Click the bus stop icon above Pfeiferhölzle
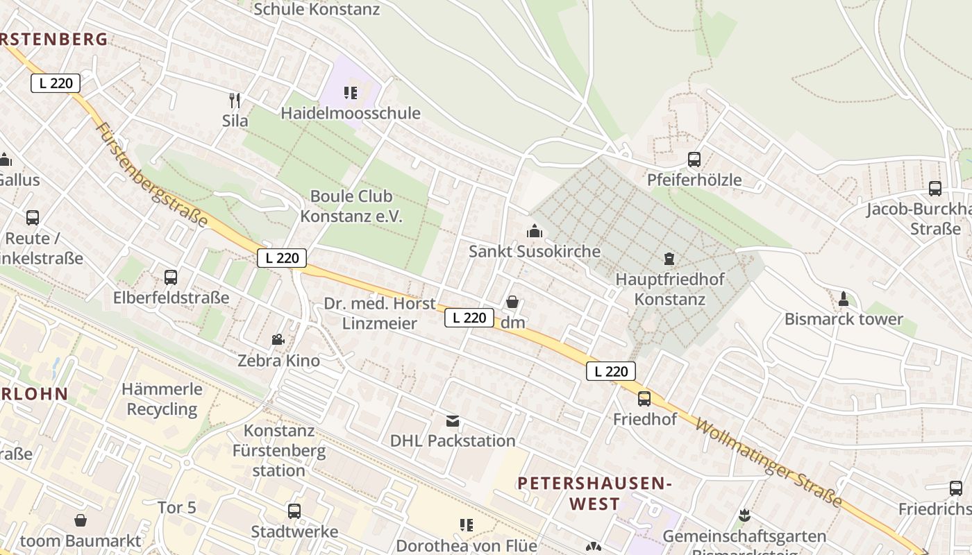[x=694, y=160]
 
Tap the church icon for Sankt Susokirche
[x=534, y=231]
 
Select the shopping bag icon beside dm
[x=512, y=302]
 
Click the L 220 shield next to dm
[x=469, y=318]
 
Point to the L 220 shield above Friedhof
[x=611, y=371]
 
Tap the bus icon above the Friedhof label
[x=644, y=399]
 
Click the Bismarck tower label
[x=844, y=319]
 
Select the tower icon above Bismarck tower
[x=844, y=299]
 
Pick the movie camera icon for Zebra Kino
[x=278, y=340]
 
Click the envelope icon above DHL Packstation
[x=453, y=421]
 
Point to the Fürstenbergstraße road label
[x=152, y=175]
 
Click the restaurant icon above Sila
[x=235, y=100]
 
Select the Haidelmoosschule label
[x=351, y=113]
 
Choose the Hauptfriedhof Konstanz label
[x=670, y=290]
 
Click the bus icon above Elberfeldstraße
[x=171, y=277]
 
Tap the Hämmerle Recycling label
[x=162, y=399]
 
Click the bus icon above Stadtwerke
[x=294, y=511]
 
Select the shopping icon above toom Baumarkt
[x=81, y=520]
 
